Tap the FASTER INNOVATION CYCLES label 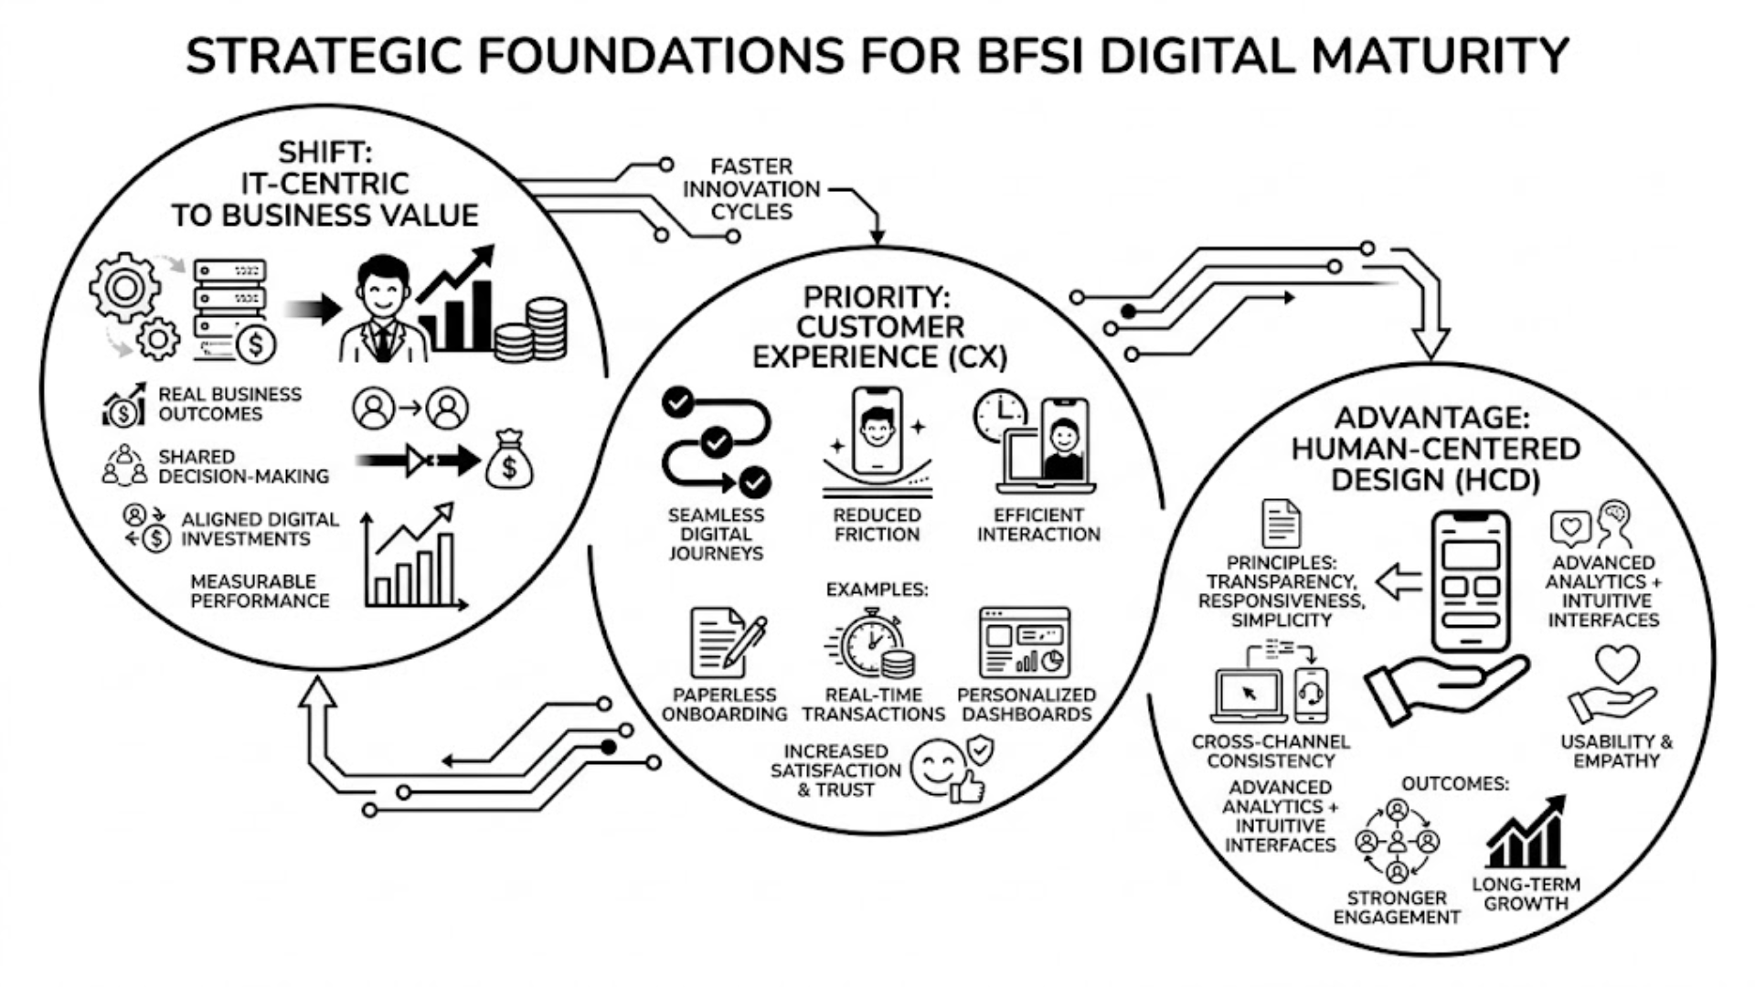click(x=751, y=189)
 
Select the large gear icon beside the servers click(x=124, y=287)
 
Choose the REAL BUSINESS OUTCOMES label click(x=229, y=404)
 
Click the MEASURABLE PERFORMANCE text click(x=260, y=591)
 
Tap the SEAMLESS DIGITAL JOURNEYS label click(x=716, y=534)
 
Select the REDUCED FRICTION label click(x=877, y=525)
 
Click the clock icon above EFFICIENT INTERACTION click(x=1000, y=415)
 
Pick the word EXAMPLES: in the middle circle click(x=877, y=589)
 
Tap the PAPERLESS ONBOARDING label click(x=724, y=705)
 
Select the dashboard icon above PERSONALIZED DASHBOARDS click(x=1025, y=642)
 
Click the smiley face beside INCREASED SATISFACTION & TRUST click(x=941, y=767)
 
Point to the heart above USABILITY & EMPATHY click(x=1617, y=663)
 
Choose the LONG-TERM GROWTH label click(x=1526, y=894)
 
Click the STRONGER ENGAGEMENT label click(x=1396, y=907)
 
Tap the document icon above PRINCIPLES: click(x=1281, y=524)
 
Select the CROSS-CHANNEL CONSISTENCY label click(x=1271, y=750)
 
